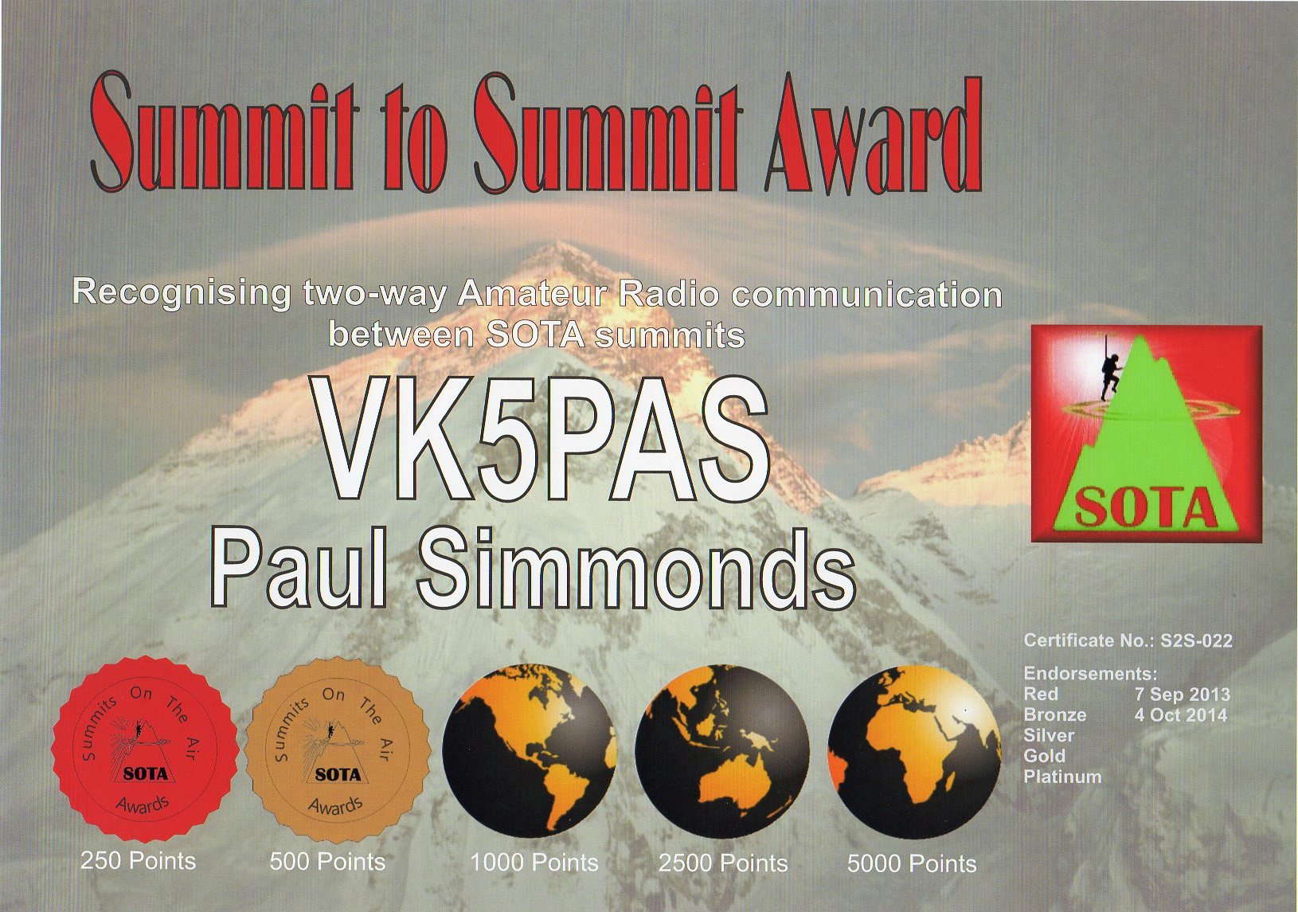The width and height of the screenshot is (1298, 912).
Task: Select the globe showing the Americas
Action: (529, 752)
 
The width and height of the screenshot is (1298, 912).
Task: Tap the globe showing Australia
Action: (722, 752)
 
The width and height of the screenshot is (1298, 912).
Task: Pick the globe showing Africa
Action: (914, 752)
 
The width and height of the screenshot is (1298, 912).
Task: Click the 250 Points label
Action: (138, 861)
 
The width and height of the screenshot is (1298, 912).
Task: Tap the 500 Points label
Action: (327, 862)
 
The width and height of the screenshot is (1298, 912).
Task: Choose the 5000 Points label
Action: (912, 864)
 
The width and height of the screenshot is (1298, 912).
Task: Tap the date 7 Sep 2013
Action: (1182, 694)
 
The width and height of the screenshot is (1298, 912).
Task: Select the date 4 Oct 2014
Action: (1181, 714)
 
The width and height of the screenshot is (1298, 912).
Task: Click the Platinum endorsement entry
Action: (1062, 777)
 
